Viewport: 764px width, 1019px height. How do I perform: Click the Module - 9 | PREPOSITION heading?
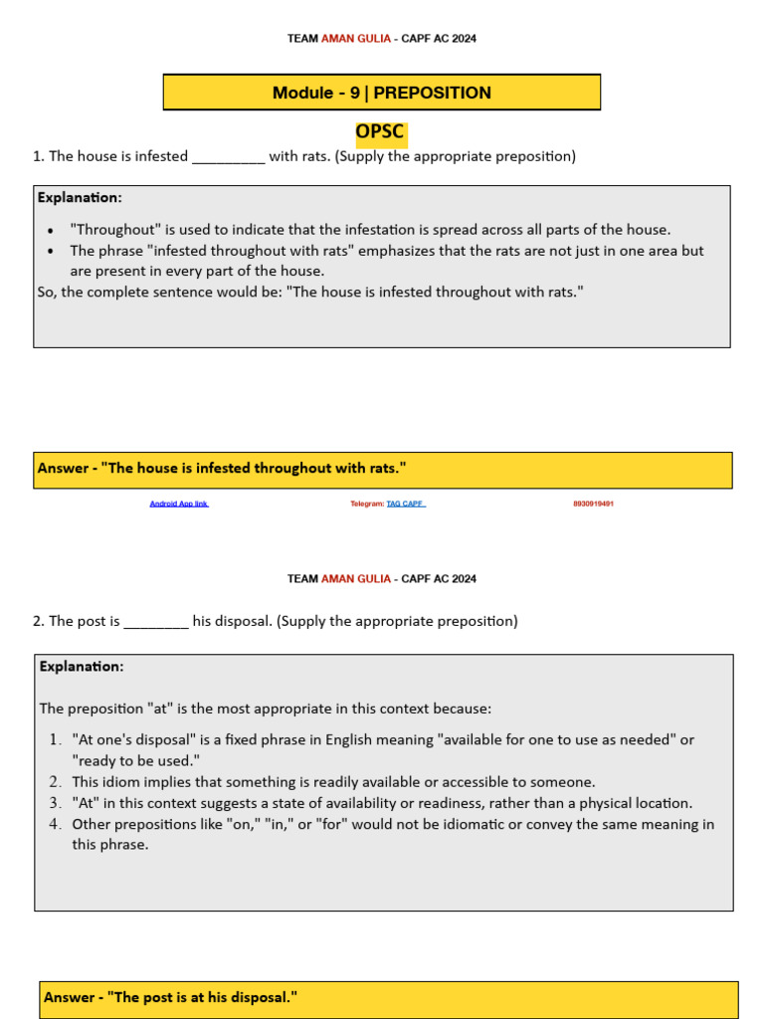click(x=382, y=93)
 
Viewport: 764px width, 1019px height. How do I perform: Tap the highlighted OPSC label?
click(x=381, y=132)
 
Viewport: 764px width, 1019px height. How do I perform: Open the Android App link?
click(x=179, y=505)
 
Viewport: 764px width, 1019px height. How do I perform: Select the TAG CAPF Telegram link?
click(x=406, y=505)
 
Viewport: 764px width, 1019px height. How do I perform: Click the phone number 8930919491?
click(x=593, y=505)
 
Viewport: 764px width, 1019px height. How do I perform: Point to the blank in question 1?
click(x=228, y=157)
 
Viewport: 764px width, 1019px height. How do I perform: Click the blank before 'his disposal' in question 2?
click(x=156, y=622)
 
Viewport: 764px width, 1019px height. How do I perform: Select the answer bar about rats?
click(x=382, y=469)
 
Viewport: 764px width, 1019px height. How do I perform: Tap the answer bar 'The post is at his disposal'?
click(x=389, y=998)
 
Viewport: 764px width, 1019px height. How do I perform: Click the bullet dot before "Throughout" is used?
click(x=51, y=230)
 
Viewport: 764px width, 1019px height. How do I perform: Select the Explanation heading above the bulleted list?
click(x=80, y=197)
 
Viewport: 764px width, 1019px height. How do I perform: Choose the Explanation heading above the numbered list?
click(x=82, y=666)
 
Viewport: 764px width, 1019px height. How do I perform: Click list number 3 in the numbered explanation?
click(x=56, y=803)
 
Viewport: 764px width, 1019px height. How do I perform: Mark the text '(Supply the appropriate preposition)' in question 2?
click(x=397, y=622)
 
